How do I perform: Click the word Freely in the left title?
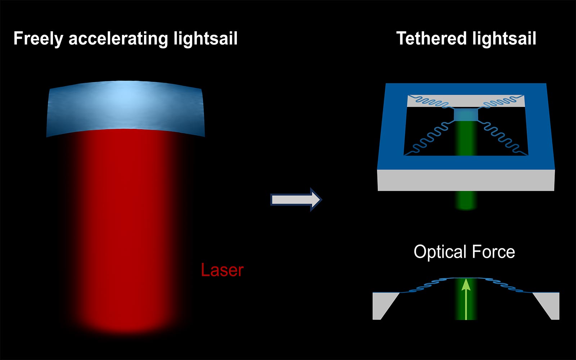(38, 39)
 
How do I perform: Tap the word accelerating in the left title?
(118, 39)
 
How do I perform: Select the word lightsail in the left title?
(206, 39)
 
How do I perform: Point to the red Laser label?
(222, 270)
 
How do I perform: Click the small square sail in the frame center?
(466, 115)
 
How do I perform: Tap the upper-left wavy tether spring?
(432, 102)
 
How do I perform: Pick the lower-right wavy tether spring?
(502, 137)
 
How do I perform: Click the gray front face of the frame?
(466, 180)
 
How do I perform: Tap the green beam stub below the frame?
(466, 200)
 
